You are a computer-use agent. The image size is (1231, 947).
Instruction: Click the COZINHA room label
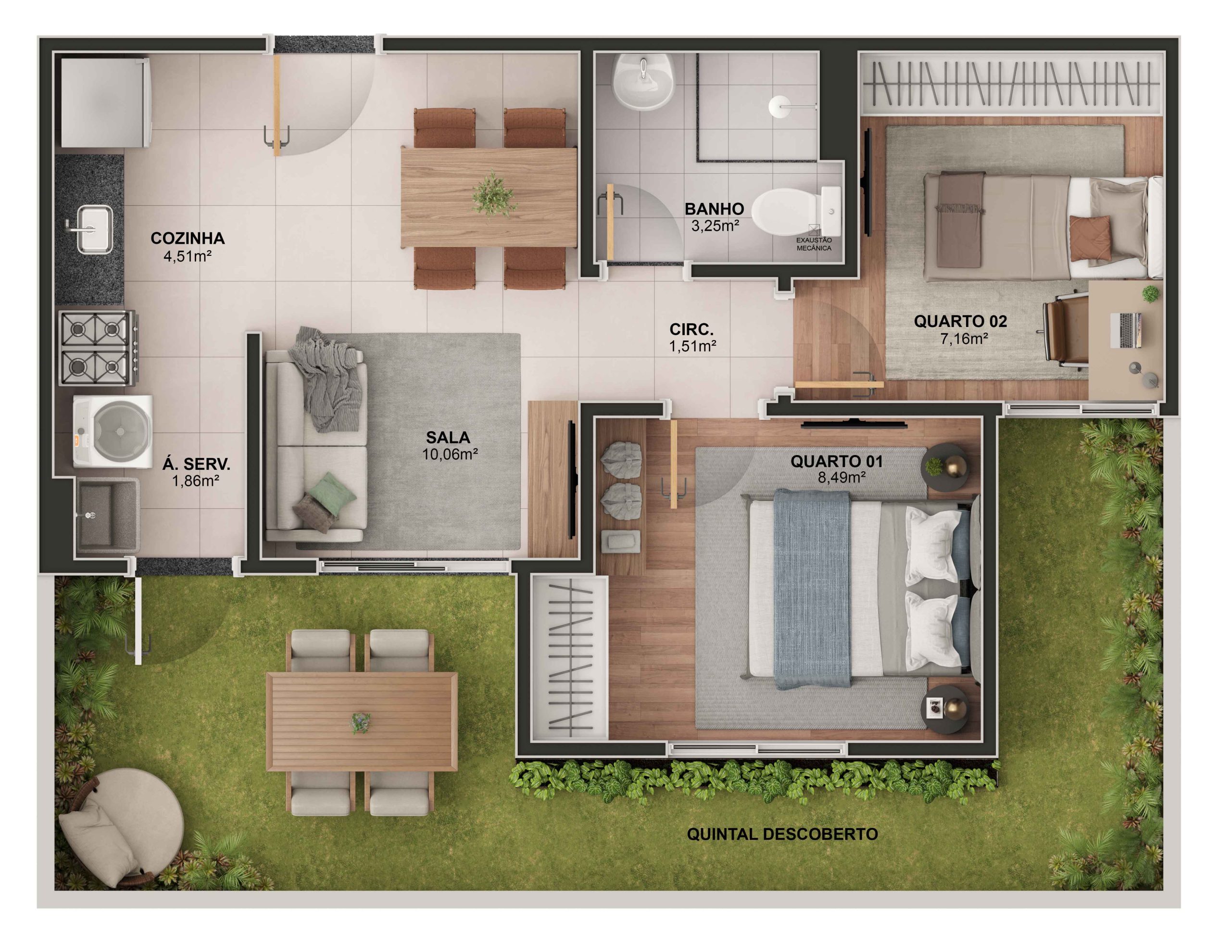pos(187,239)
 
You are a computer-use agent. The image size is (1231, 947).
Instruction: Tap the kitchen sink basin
pos(95,229)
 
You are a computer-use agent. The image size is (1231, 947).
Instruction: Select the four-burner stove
pos(98,348)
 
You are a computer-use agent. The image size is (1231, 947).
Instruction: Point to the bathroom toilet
pos(792,212)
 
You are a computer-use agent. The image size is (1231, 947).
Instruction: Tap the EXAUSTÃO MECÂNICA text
pos(813,244)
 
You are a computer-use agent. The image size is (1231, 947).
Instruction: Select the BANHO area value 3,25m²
pos(715,226)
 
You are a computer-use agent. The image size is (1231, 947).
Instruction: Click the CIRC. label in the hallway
pos(691,329)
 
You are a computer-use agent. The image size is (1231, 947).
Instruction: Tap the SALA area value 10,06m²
pos(450,455)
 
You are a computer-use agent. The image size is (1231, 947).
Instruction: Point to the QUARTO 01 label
pos(836,462)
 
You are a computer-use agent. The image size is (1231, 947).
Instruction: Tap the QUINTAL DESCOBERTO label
pos(782,834)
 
